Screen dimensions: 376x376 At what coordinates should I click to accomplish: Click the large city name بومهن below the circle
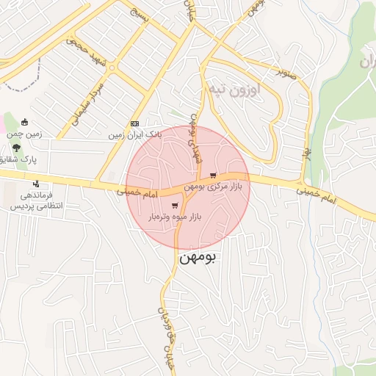(199, 258)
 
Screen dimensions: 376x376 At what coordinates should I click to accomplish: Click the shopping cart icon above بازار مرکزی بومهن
(213, 176)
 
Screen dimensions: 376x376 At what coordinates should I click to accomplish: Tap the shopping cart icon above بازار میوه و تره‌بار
(174, 206)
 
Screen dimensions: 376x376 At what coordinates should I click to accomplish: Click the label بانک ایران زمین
(134, 135)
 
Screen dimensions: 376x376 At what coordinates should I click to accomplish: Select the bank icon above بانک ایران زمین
(134, 123)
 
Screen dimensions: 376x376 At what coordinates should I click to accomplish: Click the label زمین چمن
(26, 134)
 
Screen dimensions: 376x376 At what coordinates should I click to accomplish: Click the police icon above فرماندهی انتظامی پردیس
(35, 184)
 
